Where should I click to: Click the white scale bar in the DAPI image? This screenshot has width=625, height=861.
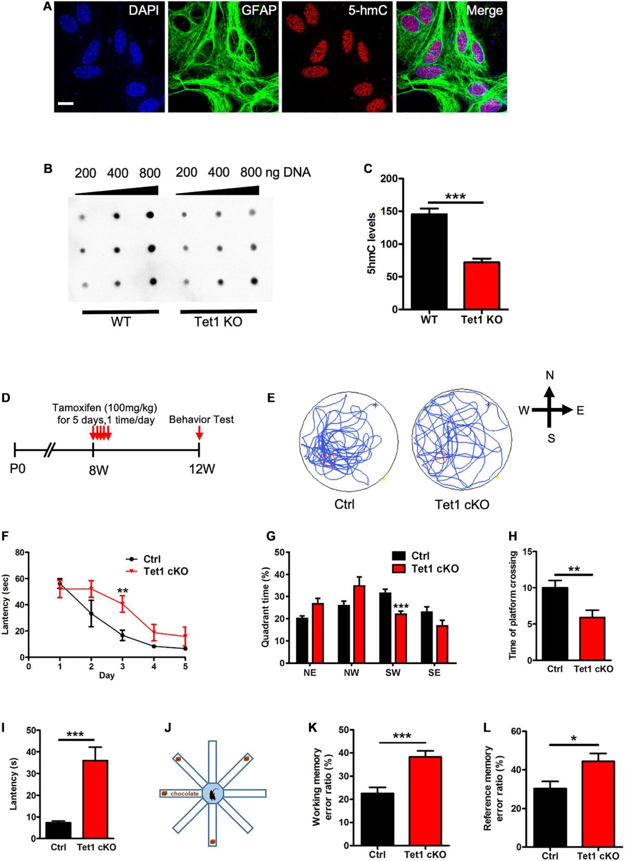pos(66,104)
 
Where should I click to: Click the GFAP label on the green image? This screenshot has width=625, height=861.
pos(258,10)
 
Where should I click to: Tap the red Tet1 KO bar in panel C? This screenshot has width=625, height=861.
pos(481,286)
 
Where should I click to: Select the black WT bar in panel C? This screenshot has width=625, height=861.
pos(429,262)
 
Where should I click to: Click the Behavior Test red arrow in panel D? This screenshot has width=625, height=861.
pos(199,434)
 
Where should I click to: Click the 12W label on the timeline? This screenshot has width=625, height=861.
pos(202,469)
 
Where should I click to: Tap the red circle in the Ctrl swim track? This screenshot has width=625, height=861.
pos(329,459)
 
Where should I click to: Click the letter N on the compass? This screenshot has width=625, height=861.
pos(549,376)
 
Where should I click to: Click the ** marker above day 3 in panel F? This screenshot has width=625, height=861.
pos(123,591)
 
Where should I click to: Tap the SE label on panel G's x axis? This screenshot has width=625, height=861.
pos(434,673)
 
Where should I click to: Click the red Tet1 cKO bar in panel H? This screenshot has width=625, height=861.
pos(593,639)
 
